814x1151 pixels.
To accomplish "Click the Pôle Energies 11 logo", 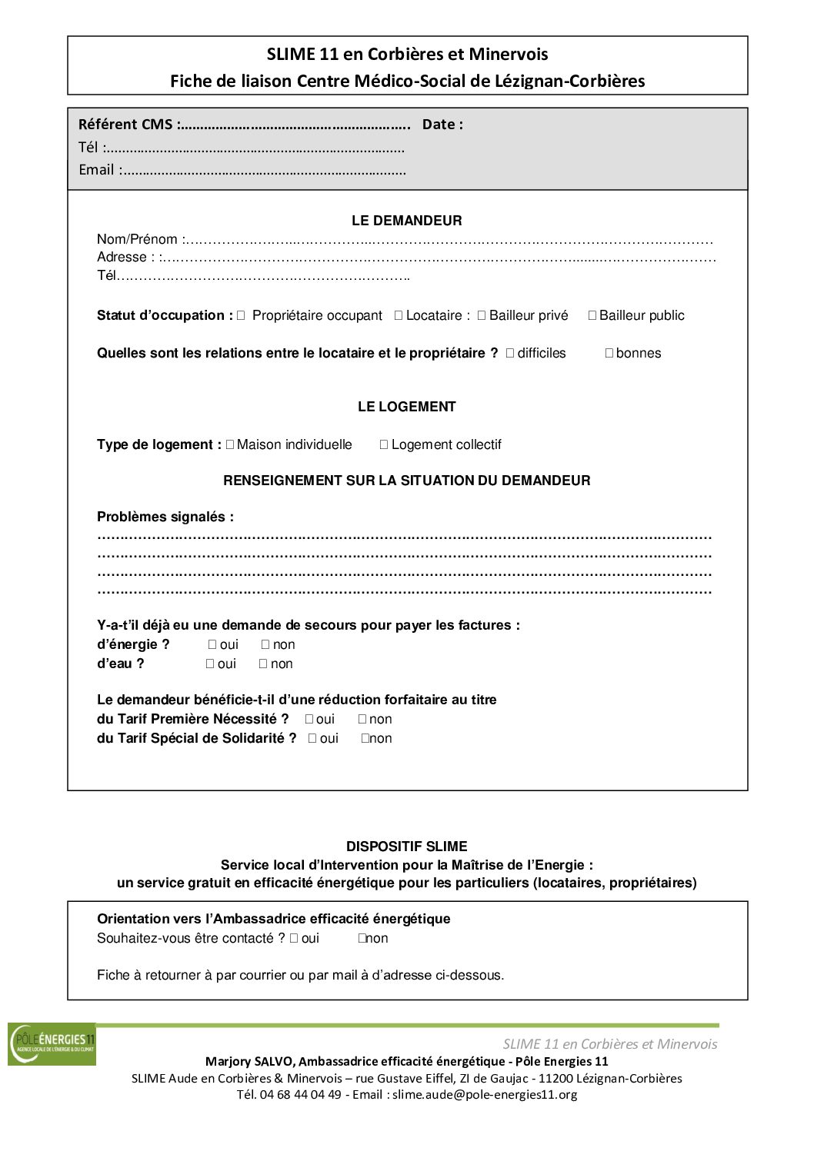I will [52, 1044].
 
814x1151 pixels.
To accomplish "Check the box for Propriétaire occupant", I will [241, 315].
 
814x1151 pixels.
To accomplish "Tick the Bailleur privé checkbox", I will [482, 315].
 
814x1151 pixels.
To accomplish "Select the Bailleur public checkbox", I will [592, 315].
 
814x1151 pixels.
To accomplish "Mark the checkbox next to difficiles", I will [510, 353].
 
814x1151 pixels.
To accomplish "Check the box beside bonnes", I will [609, 353].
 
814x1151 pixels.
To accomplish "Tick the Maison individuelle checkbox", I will [230, 444].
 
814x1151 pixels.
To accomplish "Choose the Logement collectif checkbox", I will [384, 444].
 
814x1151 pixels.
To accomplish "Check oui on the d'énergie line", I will [212, 644].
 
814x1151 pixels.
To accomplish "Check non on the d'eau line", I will [263, 664].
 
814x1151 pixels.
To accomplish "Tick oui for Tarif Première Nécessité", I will [309, 719].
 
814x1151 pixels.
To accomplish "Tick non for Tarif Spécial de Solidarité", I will [365, 738].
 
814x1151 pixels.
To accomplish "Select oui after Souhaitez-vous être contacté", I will [294, 938].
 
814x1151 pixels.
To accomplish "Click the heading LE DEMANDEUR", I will [406, 221].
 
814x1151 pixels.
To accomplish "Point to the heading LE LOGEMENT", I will [406, 407].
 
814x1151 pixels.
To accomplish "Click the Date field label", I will [442, 125].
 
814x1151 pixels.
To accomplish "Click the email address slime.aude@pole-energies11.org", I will [485, 1094].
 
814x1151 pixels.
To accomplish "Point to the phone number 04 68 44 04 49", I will [300, 1094].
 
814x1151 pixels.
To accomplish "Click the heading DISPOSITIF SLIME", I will [406, 847].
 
